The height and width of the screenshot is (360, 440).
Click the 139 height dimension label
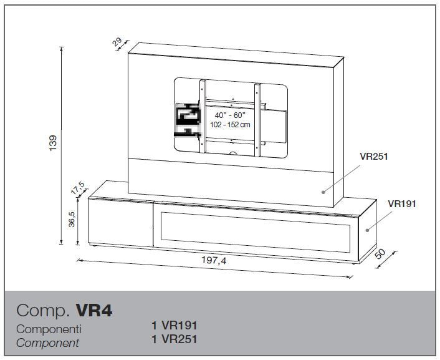coord(53,143)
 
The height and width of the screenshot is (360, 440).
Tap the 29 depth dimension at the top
coord(118,42)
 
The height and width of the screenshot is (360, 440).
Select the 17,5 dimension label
coord(77,188)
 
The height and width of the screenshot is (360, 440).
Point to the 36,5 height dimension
coord(72,219)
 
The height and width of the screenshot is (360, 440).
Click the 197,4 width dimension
coord(214,260)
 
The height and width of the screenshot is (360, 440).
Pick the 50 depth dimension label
coord(381,253)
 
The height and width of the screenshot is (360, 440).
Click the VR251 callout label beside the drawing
coord(374,157)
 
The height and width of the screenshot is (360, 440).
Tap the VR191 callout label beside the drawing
coord(402,204)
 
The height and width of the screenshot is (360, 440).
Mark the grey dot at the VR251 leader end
coord(323,192)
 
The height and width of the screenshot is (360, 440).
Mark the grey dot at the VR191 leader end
coord(367,230)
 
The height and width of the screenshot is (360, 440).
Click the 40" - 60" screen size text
coord(230,115)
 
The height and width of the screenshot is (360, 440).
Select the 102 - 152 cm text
coord(230,125)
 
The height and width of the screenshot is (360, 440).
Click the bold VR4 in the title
coord(94,311)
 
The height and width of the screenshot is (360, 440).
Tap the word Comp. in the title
coord(43,311)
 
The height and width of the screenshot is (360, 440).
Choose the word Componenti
coord(49,329)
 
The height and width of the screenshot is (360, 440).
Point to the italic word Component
coord(48,343)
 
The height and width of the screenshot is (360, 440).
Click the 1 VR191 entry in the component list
coord(175,326)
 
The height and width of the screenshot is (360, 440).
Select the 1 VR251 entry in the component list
coord(175,339)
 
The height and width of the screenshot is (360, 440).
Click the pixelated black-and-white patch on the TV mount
coord(188,120)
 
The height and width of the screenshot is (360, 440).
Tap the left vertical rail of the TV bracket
coord(203,116)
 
